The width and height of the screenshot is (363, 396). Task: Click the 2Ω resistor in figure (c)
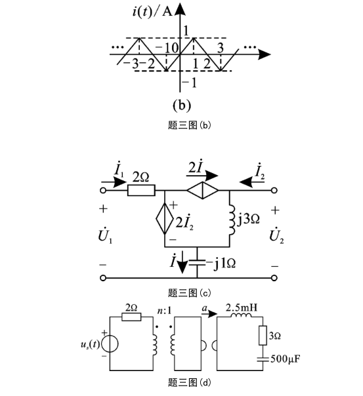tap(141, 190)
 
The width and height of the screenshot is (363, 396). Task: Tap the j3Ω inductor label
tap(248, 219)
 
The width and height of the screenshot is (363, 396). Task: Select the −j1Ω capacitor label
tap(221, 264)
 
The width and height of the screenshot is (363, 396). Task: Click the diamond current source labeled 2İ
tap(202, 190)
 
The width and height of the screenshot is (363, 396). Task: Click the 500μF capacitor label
tap(285, 359)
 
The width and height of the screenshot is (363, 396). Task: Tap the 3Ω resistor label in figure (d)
tap(274, 336)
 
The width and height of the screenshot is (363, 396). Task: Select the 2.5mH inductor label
tap(241, 307)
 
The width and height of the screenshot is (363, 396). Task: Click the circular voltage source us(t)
tap(110, 344)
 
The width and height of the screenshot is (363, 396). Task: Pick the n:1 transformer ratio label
tap(164, 310)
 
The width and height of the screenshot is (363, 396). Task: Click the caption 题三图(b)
tap(189, 125)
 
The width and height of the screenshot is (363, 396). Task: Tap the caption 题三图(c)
tap(189, 293)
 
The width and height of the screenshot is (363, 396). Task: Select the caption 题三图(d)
tap(189, 382)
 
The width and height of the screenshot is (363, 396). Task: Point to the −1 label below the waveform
tap(189, 83)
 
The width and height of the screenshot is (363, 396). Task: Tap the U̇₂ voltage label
tap(276, 236)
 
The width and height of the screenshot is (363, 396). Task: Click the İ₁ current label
tap(119, 170)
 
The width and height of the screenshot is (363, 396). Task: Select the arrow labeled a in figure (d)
tap(209, 314)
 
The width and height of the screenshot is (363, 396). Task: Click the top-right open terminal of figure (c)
tap(274, 190)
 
